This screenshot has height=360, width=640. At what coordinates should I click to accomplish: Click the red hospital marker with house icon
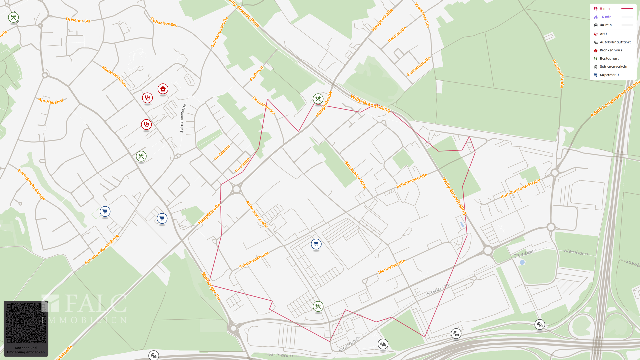point(163,89)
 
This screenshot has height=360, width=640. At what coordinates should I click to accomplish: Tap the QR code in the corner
point(26,323)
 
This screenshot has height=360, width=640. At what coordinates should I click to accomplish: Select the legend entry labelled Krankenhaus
point(611,50)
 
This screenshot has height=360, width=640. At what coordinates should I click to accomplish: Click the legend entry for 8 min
point(605,9)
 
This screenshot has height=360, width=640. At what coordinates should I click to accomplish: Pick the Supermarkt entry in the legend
point(609,75)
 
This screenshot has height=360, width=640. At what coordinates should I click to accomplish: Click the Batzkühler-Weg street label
point(355,175)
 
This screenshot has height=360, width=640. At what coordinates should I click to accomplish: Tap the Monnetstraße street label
point(392,267)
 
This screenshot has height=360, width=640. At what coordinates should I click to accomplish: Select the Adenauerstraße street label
point(257,214)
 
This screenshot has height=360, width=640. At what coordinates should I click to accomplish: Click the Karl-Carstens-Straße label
point(520,189)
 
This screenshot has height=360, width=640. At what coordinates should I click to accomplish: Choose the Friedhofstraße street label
point(558,74)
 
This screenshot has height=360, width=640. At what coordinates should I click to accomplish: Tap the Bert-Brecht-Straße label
point(32,184)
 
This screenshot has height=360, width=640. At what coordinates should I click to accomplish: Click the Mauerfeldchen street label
point(114,76)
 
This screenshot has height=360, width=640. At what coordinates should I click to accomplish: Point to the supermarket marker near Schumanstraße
point(316,244)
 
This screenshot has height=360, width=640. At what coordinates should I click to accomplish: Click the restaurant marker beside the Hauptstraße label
point(318,99)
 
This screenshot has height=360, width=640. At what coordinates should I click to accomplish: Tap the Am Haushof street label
point(51,101)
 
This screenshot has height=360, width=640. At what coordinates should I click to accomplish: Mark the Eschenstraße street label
point(418,66)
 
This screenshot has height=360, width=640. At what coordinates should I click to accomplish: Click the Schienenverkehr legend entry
point(613,67)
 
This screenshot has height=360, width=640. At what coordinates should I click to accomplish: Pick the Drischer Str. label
point(78,20)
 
